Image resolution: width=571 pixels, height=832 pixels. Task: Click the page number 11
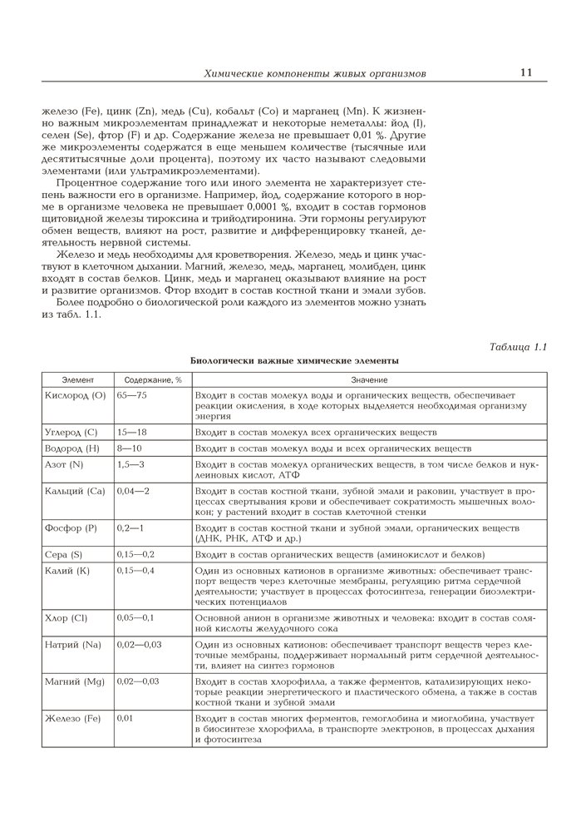tap(526, 72)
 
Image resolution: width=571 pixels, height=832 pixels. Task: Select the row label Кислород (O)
tap(75, 394)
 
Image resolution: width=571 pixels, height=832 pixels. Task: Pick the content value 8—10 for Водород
tap(130, 448)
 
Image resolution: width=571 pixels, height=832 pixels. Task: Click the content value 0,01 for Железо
tap(125, 717)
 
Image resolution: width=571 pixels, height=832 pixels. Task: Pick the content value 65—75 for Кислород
tap(132, 394)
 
